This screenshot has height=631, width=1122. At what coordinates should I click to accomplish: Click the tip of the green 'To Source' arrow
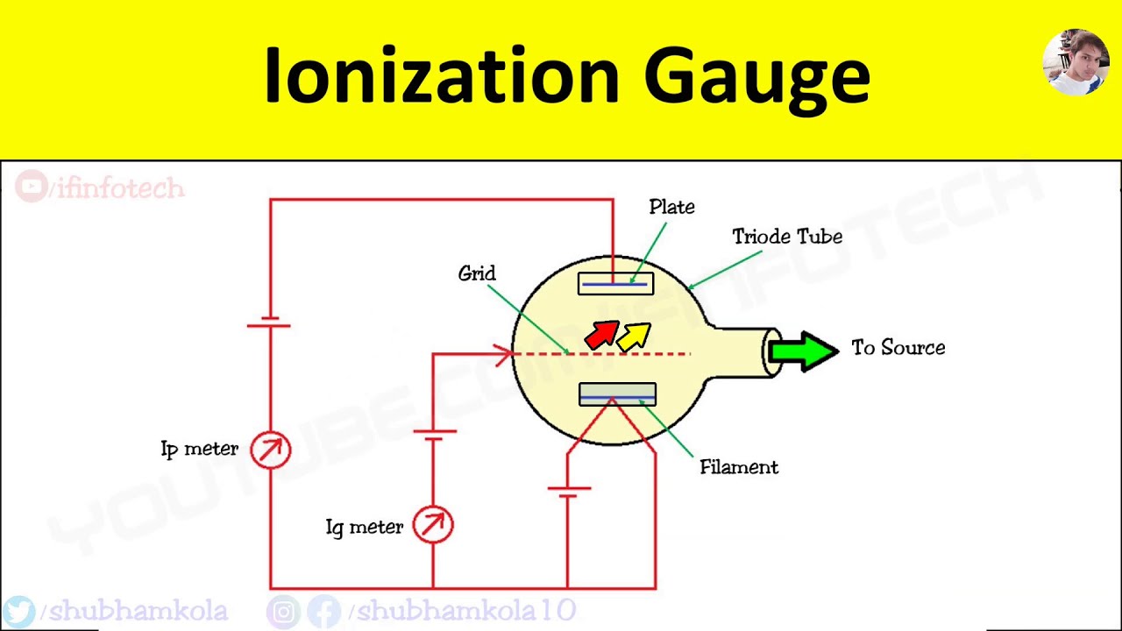(x=840, y=351)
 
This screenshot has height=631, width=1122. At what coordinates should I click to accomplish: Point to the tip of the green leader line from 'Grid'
(x=569, y=353)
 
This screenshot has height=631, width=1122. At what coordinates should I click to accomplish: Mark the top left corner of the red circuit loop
(x=271, y=199)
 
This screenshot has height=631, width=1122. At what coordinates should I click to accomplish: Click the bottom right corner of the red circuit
(x=655, y=588)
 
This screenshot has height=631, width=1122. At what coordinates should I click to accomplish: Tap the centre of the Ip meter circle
(x=271, y=450)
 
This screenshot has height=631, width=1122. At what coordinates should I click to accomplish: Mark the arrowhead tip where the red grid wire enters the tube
(x=512, y=354)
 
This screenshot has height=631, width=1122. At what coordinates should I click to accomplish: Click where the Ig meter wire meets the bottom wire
(x=433, y=588)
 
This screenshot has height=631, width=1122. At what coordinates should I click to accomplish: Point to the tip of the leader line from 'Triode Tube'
(x=688, y=289)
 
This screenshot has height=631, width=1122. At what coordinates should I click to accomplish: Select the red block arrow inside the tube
(x=602, y=335)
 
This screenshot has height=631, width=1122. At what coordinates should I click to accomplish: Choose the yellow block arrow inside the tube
(x=634, y=336)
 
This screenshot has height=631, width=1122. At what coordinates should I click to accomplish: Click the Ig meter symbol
(x=433, y=525)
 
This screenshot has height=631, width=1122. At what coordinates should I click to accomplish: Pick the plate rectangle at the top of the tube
(x=615, y=283)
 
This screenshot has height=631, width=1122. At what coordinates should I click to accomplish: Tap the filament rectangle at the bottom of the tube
(x=617, y=394)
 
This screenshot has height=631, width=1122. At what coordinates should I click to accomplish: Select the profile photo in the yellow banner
(x=1076, y=61)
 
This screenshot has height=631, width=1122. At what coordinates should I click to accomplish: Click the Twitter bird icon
(x=19, y=612)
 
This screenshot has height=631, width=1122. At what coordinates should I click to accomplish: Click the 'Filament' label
(x=739, y=467)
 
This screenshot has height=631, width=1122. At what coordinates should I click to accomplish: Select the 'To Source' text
(x=898, y=348)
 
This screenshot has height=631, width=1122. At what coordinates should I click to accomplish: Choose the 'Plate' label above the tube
(x=671, y=207)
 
